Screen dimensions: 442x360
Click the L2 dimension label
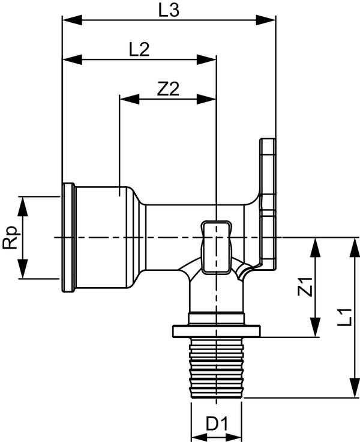[x=139, y=50]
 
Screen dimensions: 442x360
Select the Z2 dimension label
[x=168, y=89]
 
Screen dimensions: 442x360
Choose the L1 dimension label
[x=343, y=316]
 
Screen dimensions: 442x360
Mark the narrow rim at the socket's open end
[x=68, y=238]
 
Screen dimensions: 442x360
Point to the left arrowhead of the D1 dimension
[x=195, y=434]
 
